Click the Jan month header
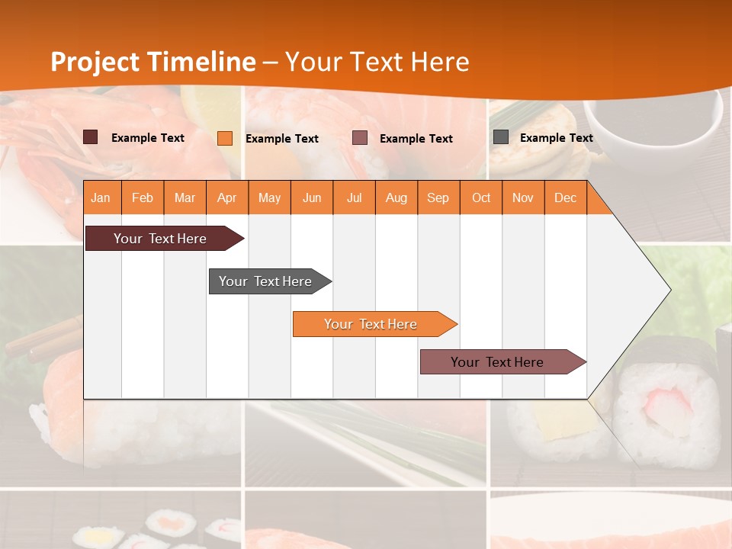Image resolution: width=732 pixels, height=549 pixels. point(101,197)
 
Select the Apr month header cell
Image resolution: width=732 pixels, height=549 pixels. point(226,197)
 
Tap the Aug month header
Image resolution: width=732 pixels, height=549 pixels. point(396,197)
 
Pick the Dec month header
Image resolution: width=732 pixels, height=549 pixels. point(565,197)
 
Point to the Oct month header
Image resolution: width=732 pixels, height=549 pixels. point(480,197)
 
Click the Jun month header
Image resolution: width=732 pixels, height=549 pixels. point(311,197)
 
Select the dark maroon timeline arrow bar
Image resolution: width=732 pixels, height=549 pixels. point(160,239)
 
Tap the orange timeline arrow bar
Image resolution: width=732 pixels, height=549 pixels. point(371,324)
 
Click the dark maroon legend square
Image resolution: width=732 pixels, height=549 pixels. point(90,137)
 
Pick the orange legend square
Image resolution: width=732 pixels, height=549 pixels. point(224,138)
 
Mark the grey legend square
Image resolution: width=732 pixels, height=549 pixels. point(500,137)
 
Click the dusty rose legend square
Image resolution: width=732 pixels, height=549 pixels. point(360,138)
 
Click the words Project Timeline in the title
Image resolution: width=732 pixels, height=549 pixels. point(152,62)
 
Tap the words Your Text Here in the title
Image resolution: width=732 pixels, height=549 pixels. point(377,62)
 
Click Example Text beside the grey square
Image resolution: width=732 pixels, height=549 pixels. point(556,137)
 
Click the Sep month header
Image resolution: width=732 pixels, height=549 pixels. point(438,197)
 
